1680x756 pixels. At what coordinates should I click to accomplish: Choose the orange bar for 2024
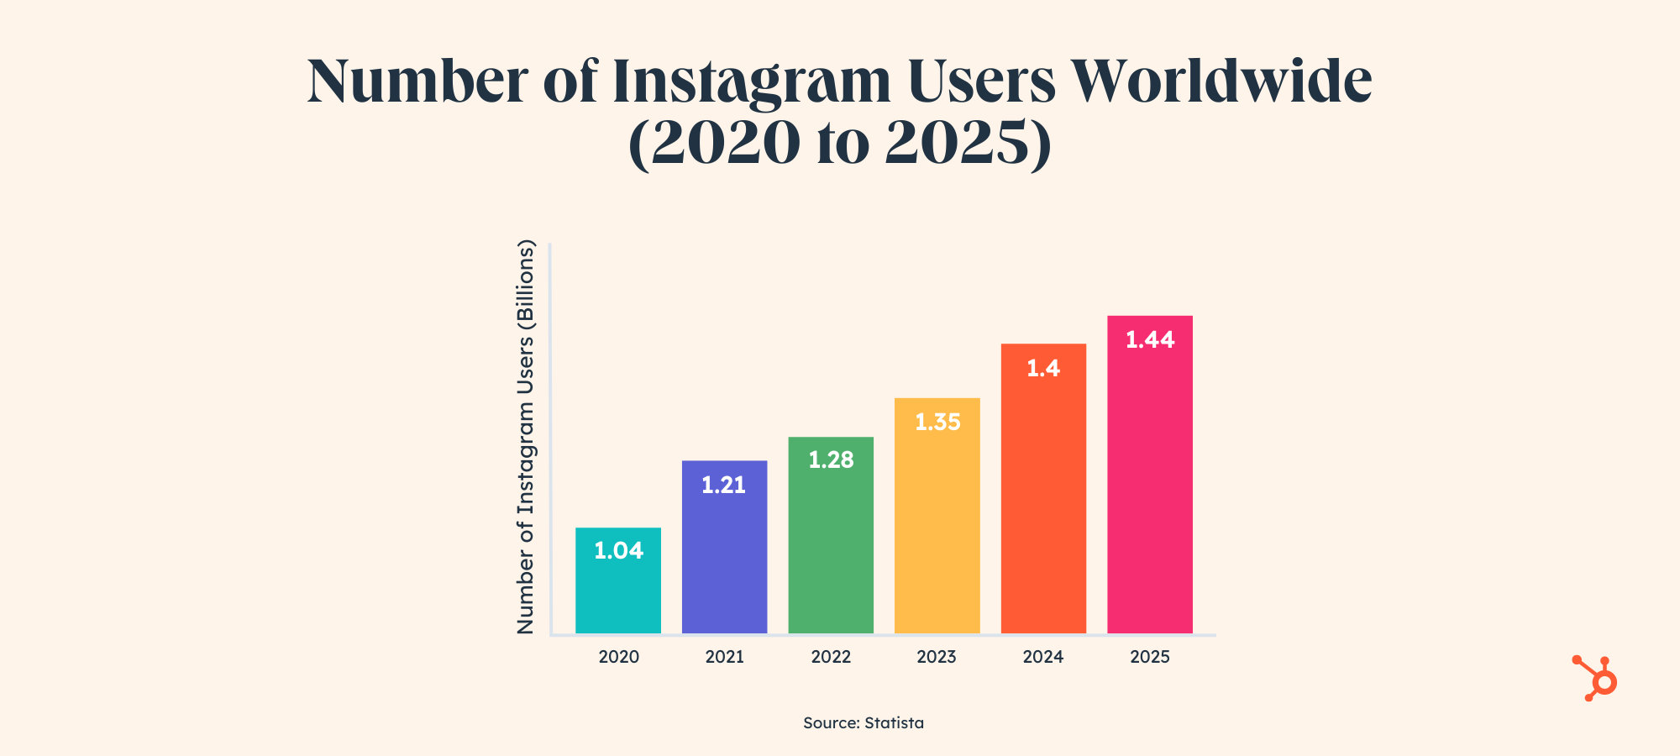click(x=1043, y=504)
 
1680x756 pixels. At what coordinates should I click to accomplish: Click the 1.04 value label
click(x=618, y=551)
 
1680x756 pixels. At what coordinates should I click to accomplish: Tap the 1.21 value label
click(x=724, y=486)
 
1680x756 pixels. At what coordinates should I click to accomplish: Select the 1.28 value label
click(x=831, y=460)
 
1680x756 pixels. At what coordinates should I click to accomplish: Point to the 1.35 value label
click(x=937, y=423)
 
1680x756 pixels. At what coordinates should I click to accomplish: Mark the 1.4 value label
click(x=1043, y=369)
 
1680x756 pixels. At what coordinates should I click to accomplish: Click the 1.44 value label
click(x=1150, y=340)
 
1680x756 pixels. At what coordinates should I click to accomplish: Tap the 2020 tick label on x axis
click(x=618, y=657)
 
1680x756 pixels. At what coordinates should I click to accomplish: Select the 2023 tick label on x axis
click(x=937, y=657)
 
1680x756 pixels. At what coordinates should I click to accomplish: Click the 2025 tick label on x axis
click(x=1150, y=657)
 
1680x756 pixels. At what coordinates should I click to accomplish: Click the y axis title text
click(x=526, y=437)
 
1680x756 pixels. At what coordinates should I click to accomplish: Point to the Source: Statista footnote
click(x=864, y=723)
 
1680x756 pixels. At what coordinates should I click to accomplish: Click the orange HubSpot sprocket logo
click(x=1596, y=679)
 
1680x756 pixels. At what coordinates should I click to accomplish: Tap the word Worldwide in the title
click(x=1222, y=82)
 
